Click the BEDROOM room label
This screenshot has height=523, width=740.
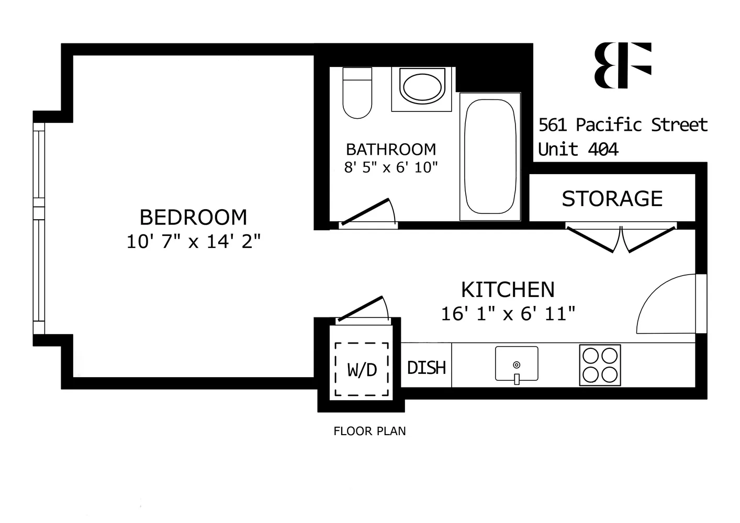coord(193,217)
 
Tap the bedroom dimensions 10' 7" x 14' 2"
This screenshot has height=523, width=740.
coord(193,242)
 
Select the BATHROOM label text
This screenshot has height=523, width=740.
coord(391,150)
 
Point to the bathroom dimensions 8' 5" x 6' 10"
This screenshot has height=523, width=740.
coord(391,167)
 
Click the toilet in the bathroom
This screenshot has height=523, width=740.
coord(357,93)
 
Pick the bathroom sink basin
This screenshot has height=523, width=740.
coord(421,87)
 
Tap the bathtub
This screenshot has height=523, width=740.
coord(490,156)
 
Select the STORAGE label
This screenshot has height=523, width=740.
coord(612,199)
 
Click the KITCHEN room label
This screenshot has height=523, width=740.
coord(508,290)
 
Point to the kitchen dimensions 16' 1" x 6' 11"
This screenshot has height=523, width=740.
coord(508,314)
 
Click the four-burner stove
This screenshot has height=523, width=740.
coord(600,365)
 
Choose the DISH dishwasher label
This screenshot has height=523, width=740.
coord(426,368)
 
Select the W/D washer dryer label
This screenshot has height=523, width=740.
coord(362,370)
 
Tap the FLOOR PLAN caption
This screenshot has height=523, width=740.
coord(369,431)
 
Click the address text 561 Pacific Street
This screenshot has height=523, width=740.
coord(623,125)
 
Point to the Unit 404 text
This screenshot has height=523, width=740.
coord(578,150)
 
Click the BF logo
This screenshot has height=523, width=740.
coord(623,65)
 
